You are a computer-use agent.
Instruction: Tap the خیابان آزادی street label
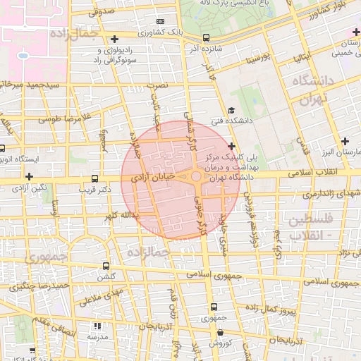154,181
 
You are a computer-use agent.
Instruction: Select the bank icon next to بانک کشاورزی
160,22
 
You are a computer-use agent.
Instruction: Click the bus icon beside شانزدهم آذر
206,37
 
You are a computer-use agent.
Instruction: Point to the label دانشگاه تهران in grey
305,90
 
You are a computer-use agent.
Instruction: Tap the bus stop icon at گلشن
106,266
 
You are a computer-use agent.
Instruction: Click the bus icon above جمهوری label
214,307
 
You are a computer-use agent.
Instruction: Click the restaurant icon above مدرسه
97,326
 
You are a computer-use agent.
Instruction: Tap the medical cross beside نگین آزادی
29,176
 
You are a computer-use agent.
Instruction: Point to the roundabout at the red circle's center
196,177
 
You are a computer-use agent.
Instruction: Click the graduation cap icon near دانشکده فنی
231,111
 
